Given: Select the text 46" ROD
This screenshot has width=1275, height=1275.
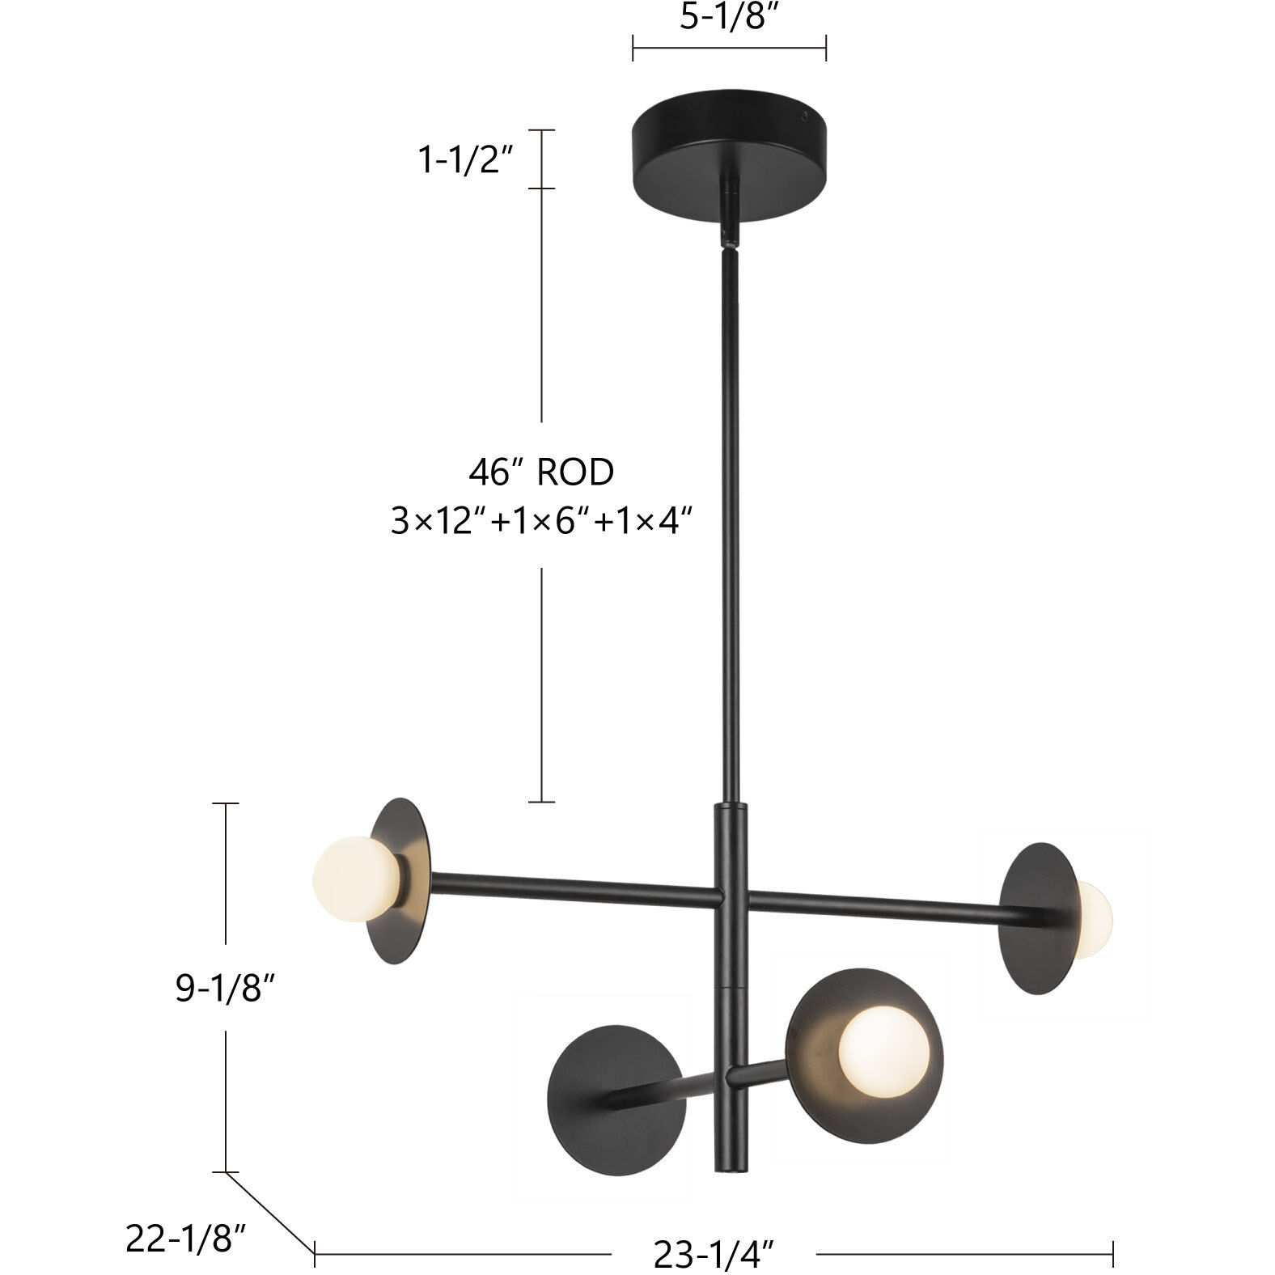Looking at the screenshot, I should pyautogui.click(x=541, y=472).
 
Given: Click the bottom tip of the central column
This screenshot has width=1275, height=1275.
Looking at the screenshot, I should pyautogui.click(x=730, y=1167).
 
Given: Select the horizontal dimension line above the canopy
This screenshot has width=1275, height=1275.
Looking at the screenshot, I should pyautogui.click(x=728, y=48).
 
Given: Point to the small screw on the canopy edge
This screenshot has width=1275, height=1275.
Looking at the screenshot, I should pyautogui.click(x=805, y=116).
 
